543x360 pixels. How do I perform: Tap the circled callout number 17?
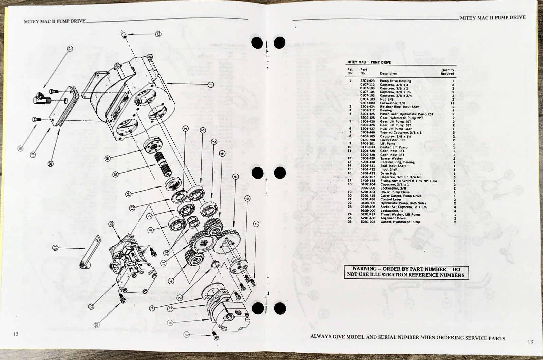pos(70,48)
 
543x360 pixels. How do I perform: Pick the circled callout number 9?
pos(170,322)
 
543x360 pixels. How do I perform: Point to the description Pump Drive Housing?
pos(395,81)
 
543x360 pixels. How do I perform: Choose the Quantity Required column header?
pos(447,72)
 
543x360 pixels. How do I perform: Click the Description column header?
pos(388,73)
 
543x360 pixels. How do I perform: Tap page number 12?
pos(16,334)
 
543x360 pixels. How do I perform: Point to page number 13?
pos(530,342)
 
